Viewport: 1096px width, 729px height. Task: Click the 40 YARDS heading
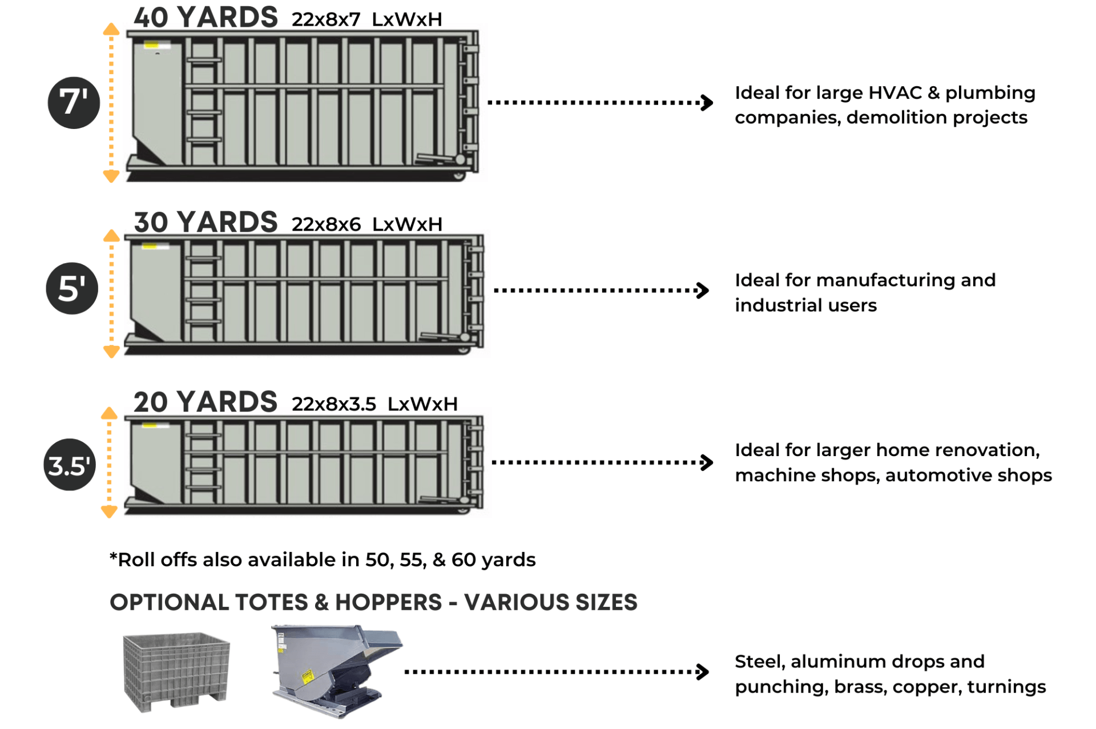[205, 17]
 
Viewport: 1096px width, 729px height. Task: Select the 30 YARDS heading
[205, 222]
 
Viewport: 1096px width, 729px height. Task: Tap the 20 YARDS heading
[205, 402]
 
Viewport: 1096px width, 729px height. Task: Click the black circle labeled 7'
[74, 103]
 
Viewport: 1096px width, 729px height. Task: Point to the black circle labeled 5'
[72, 288]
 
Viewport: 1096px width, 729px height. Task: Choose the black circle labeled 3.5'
[70, 465]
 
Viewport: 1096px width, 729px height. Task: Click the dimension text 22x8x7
[326, 20]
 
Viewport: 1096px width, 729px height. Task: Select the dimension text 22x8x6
[326, 224]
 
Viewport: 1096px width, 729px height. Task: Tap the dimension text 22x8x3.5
[334, 404]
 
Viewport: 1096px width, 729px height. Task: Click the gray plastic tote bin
[176, 671]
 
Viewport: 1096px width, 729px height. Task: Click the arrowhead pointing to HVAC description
[707, 103]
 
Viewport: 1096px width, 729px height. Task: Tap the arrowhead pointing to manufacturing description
[703, 290]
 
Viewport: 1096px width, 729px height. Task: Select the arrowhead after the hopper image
[703, 671]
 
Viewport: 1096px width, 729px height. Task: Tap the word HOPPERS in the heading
[388, 602]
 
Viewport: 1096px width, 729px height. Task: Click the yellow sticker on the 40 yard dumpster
[151, 44]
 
